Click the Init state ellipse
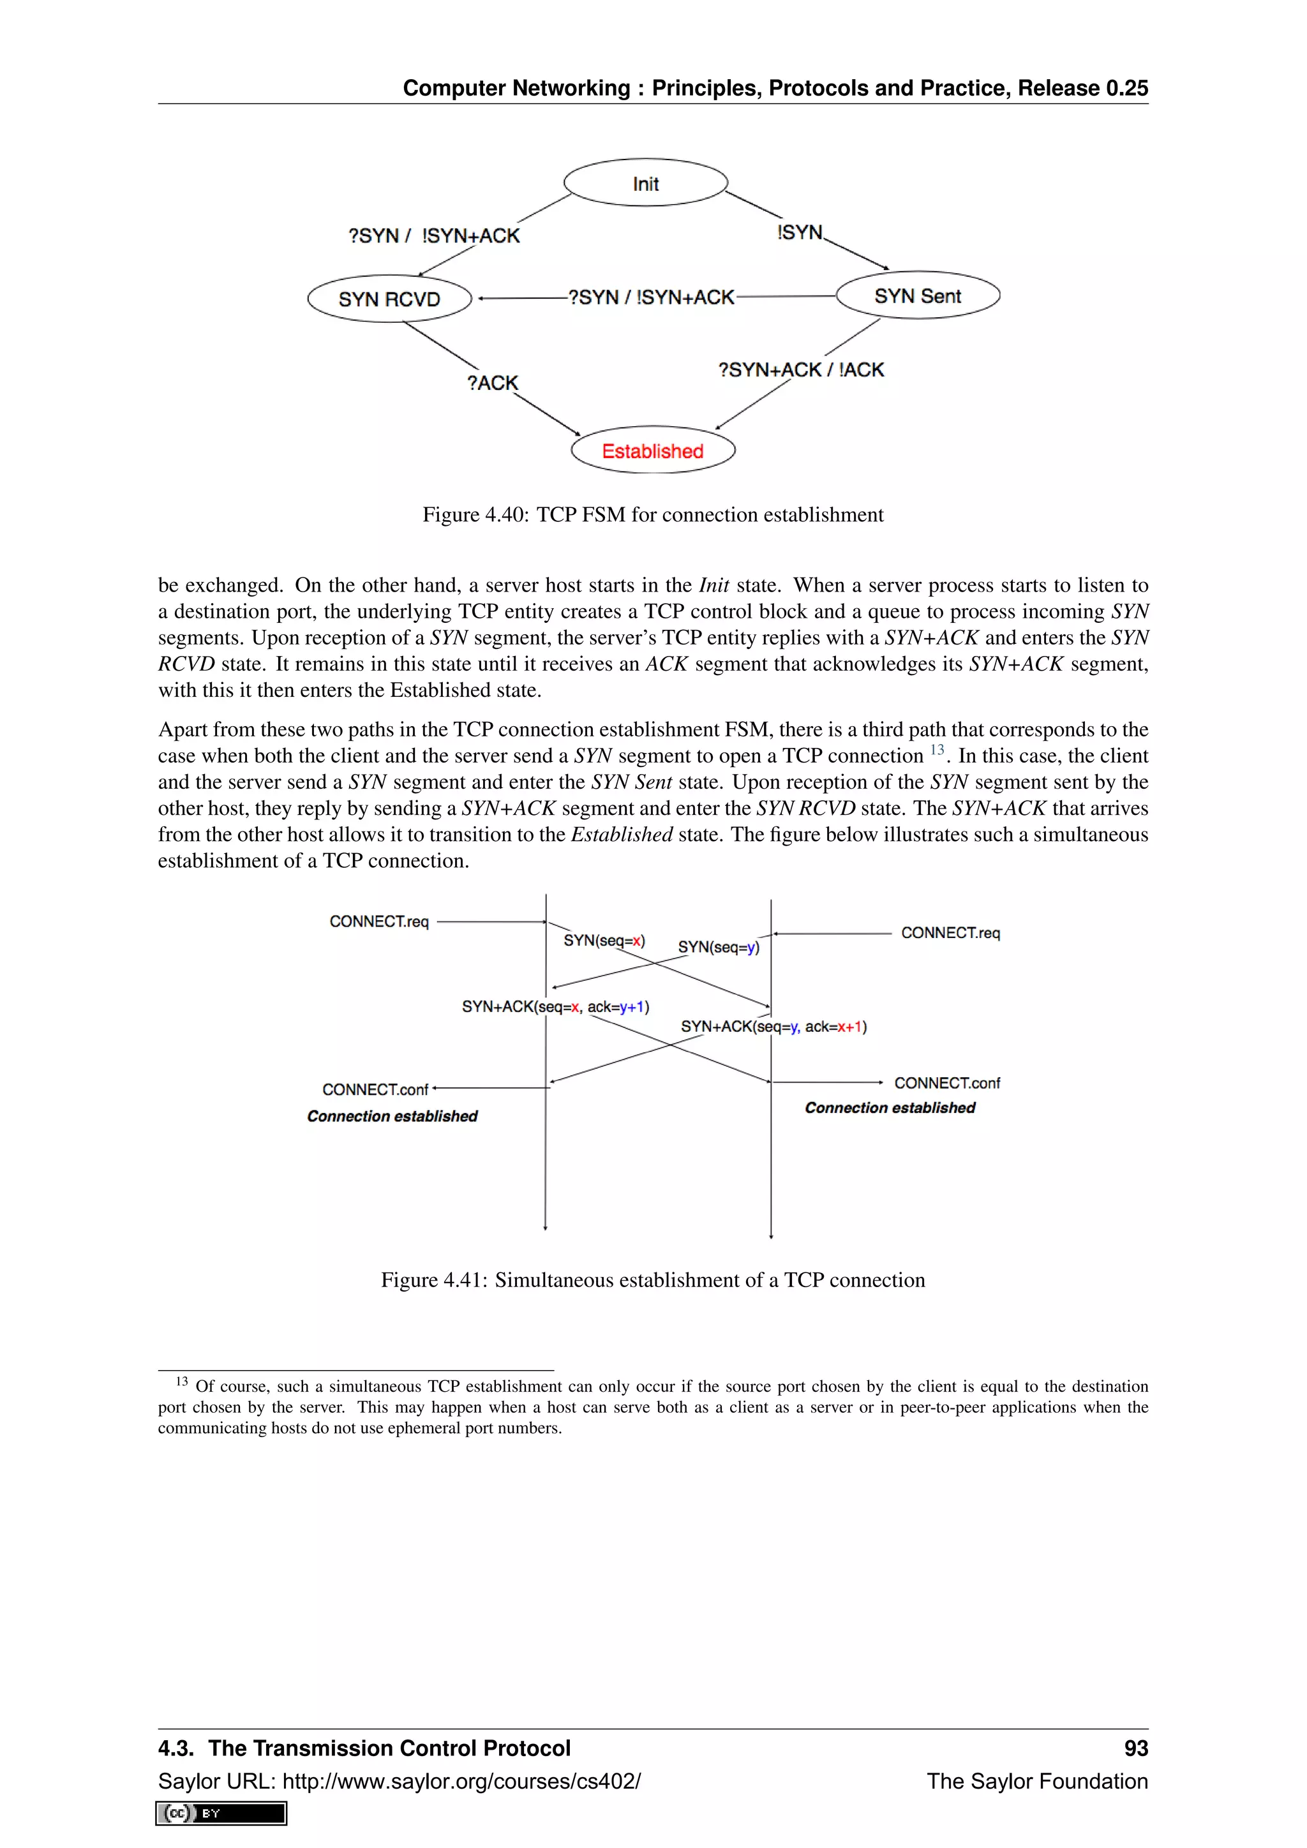tap(645, 183)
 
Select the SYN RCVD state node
tap(389, 299)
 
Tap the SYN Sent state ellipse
tap(918, 295)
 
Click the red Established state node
tap(653, 451)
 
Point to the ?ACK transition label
tap(493, 383)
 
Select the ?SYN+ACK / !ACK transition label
tap(801, 369)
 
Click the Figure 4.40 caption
tap(653, 515)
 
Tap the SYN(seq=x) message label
tap(604, 940)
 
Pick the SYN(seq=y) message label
tap(718, 948)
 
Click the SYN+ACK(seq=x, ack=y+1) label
tap(555, 1007)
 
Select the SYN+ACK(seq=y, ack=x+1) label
tap(773, 1027)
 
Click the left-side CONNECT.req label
tap(379, 921)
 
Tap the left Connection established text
tap(392, 1116)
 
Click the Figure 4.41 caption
tap(653, 1281)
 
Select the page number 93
tap(1135, 1748)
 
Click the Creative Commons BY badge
tap(221, 1814)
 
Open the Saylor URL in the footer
tap(461, 1781)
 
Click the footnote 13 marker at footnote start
tap(182, 1382)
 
